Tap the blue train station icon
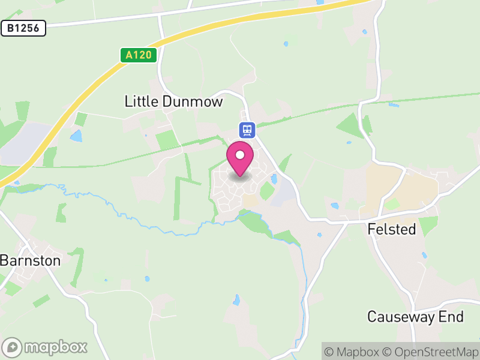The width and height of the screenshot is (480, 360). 247,129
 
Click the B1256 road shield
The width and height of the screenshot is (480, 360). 23,28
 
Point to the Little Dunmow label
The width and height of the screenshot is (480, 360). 173,101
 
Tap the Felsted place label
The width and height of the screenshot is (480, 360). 391,229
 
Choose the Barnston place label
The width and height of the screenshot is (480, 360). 31,260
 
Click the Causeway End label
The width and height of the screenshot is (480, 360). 415,316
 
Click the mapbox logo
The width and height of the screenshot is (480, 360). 45,347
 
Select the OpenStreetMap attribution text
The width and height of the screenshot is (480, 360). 430,351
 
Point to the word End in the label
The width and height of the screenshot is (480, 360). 454,316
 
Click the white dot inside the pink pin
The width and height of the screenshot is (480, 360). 240,155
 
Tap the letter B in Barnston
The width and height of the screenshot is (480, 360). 5,260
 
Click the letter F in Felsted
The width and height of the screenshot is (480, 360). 371,229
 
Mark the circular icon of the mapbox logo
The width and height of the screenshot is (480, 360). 12,347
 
